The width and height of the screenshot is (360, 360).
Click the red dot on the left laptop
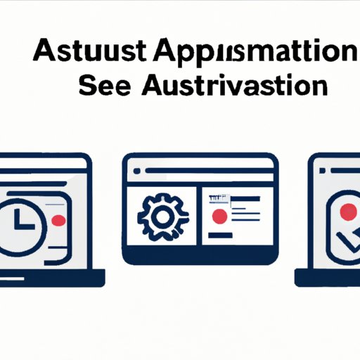pyautogui.click(x=58, y=220)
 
